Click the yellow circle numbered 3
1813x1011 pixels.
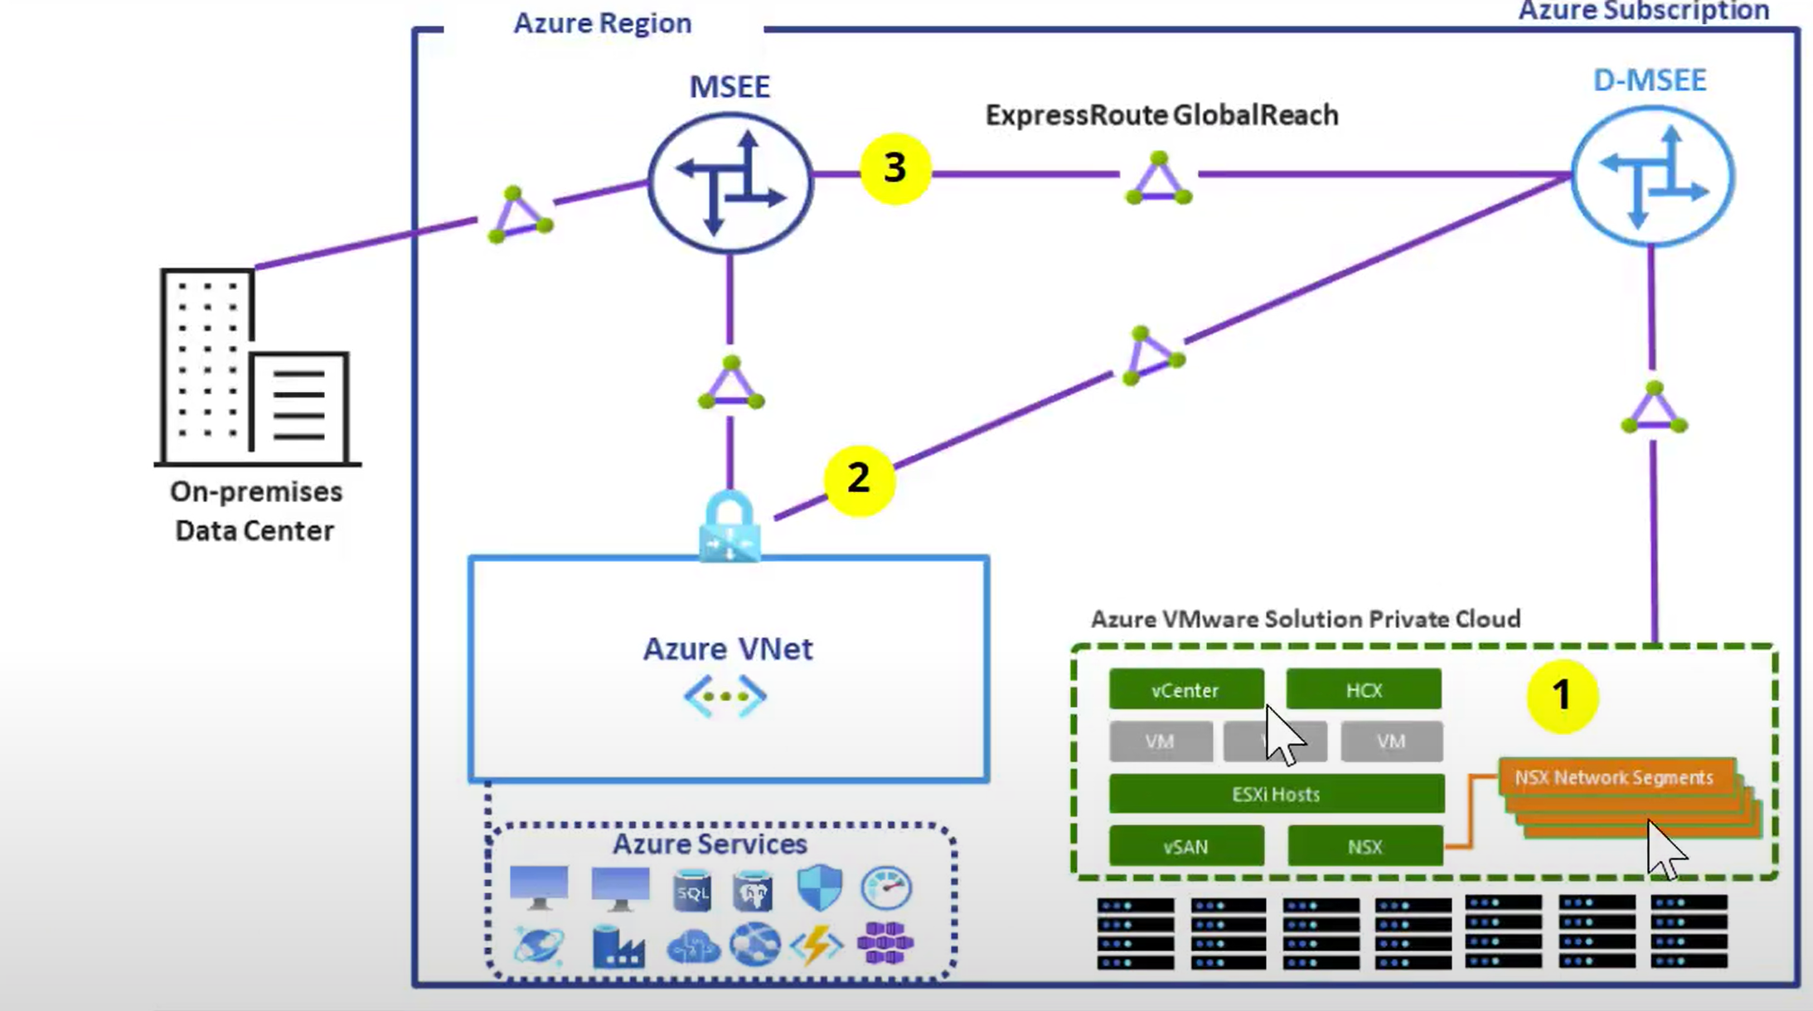click(x=894, y=168)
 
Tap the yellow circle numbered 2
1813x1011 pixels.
click(x=859, y=479)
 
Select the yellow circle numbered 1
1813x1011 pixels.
click(x=1562, y=694)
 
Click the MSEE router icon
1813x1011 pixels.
click(x=730, y=182)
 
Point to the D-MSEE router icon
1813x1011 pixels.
click(x=1652, y=177)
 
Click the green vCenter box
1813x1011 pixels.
click(x=1185, y=689)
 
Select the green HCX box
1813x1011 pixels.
click(x=1363, y=689)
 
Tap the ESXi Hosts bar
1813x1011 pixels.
click(x=1276, y=794)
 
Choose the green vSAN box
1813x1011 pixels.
click(x=1185, y=846)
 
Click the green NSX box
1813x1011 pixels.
click(x=1365, y=846)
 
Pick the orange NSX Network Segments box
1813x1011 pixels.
click(x=1614, y=777)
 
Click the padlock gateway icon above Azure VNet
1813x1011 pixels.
click(x=730, y=529)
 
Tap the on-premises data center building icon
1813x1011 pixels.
click(x=255, y=367)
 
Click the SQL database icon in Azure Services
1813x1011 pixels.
click(x=692, y=890)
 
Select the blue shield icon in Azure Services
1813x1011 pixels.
click(x=819, y=887)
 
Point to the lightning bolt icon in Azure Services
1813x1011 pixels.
click(x=817, y=944)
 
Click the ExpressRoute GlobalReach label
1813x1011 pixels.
click(x=1161, y=114)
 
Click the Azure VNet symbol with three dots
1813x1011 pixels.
click(x=725, y=696)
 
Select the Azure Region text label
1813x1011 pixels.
click(x=603, y=23)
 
